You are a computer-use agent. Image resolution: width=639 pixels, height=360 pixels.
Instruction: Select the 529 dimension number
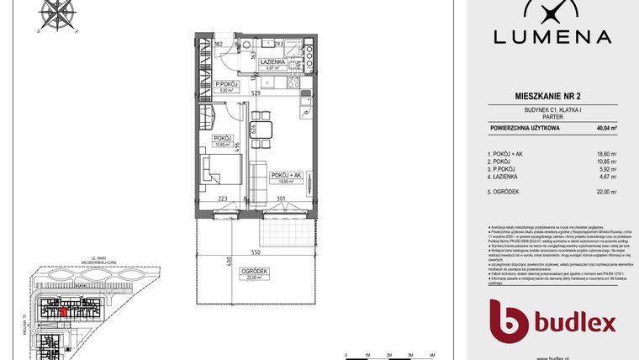(254, 93)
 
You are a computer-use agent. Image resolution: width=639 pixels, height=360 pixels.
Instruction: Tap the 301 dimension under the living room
(283, 200)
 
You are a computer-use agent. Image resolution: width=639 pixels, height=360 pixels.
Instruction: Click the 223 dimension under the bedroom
(222, 200)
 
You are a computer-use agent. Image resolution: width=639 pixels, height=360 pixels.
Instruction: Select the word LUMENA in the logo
(552, 36)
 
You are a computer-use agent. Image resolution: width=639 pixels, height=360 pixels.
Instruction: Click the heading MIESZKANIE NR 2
(552, 98)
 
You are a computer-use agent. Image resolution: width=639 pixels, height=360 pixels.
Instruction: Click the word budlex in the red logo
(575, 323)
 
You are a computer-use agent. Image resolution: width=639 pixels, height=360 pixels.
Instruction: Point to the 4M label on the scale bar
(431, 355)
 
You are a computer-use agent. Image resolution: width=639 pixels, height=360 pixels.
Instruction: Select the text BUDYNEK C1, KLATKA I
(552, 110)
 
